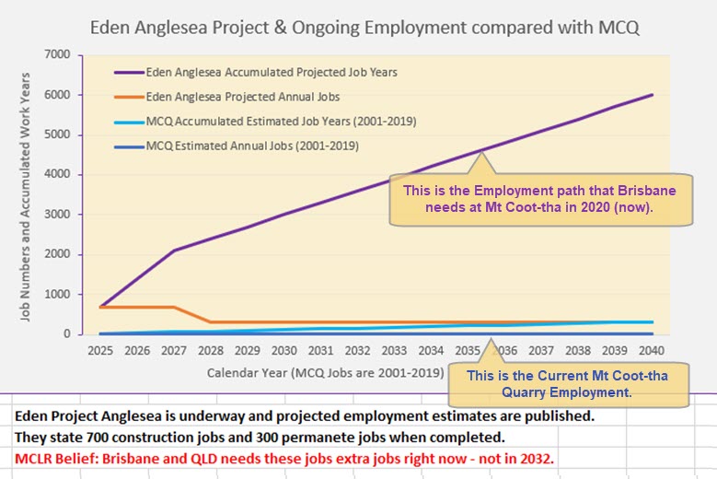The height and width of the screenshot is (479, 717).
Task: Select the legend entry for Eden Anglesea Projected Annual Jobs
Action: tap(242, 96)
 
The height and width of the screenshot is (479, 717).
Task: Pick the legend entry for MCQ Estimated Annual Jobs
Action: tap(251, 145)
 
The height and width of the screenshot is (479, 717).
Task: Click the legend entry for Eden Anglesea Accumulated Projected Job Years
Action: tap(271, 72)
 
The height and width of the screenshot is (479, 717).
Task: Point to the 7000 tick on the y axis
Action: tap(55, 54)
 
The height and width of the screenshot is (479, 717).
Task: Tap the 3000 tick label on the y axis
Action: tap(55, 215)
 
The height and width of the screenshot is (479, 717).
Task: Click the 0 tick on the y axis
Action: tap(65, 334)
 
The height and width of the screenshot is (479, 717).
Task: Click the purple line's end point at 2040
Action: tap(652, 95)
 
